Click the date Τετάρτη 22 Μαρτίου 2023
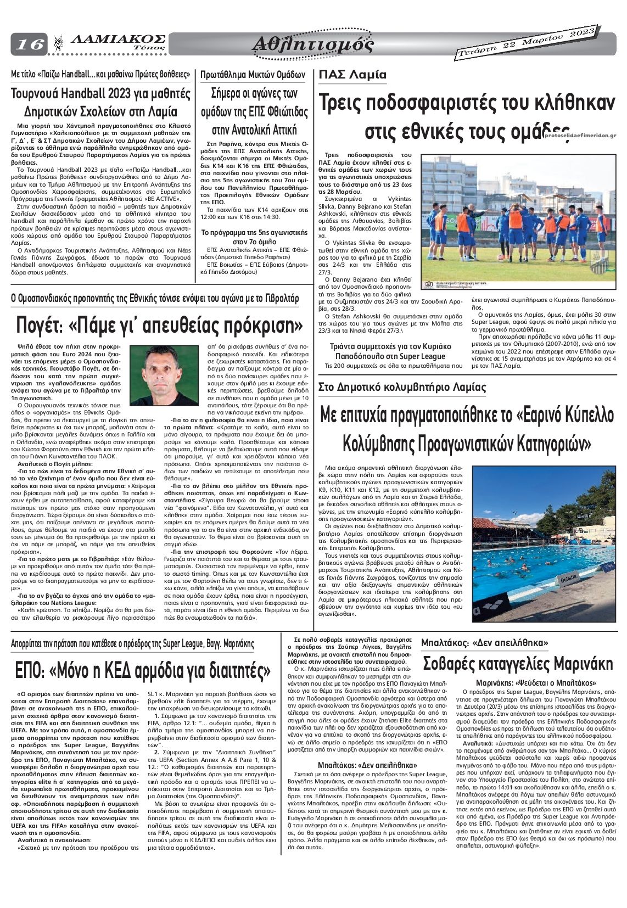click(x=525, y=43)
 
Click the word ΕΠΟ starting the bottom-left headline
click(x=31, y=670)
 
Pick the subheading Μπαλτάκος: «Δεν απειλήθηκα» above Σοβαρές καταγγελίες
click(x=485, y=642)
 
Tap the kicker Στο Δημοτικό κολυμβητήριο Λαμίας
click(x=402, y=387)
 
